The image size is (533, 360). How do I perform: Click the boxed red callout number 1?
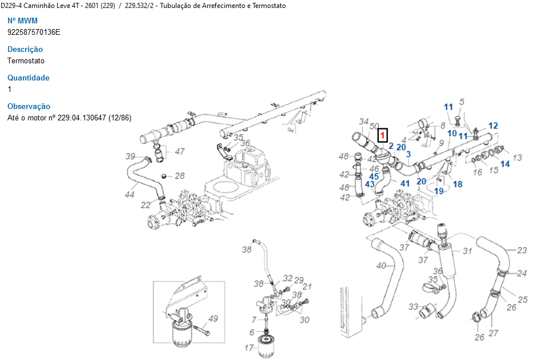pos(383,136)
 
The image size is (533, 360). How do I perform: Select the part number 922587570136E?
pos(34,32)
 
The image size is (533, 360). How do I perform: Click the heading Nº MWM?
pos(22,21)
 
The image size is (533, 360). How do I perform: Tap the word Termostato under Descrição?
pos(26,60)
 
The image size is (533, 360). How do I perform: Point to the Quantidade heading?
pos(29,78)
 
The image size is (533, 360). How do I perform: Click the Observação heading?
pos(29,106)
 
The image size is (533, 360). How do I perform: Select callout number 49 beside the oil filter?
pos(213,318)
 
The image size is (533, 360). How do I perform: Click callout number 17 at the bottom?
pos(249,347)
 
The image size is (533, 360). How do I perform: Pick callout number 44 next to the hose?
pos(130,195)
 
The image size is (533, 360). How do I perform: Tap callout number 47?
pos(180,151)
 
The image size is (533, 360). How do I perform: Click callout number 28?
pos(179,176)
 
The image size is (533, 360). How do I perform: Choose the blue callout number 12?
pos(493,126)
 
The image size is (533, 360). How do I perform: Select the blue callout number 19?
pos(439,191)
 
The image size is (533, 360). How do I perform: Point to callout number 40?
pos(381,265)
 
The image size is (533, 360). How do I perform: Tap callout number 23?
pos(522,250)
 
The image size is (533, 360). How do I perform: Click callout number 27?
pos(494,333)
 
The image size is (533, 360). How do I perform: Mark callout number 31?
pos(467,251)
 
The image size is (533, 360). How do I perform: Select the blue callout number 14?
pos(505,164)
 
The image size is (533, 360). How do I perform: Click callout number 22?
pos(146,205)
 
